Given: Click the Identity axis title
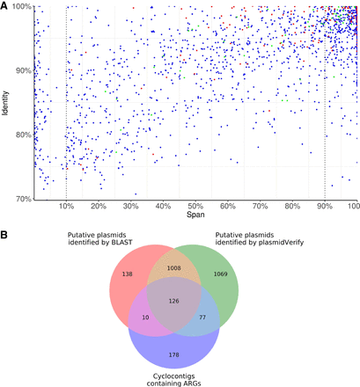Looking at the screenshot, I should pyautogui.click(x=6, y=103).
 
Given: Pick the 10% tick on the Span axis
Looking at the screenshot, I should pyautogui.click(x=66, y=207).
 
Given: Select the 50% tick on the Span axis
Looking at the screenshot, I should pyautogui.click(x=195, y=207).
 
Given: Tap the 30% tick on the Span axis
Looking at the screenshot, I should pyautogui.click(x=130, y=207).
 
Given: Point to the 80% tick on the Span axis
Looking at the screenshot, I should pyautogui.click(x=292, y=207).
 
